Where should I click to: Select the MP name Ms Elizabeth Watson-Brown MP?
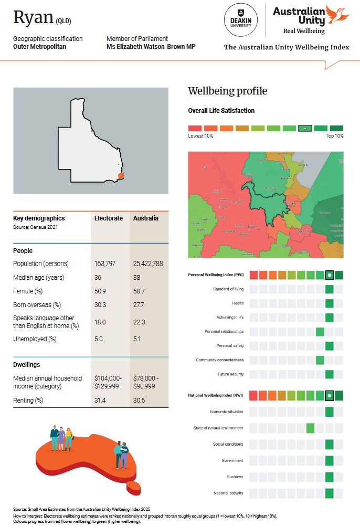(151, 46)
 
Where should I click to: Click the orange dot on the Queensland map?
(121, 176)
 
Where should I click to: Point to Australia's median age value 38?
(137, 277)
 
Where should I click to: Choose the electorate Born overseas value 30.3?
(100, 304)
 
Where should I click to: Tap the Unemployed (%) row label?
(35, 339)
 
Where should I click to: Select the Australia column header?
(145, 218)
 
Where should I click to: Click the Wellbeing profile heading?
(227, 91)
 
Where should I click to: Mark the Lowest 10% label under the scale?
(200, 136)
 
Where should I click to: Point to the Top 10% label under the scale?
(334, 136)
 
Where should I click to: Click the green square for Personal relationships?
(320, 332)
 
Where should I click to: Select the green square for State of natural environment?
(310, 428)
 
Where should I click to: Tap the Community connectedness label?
(219, 360)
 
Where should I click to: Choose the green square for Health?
(330, 303)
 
